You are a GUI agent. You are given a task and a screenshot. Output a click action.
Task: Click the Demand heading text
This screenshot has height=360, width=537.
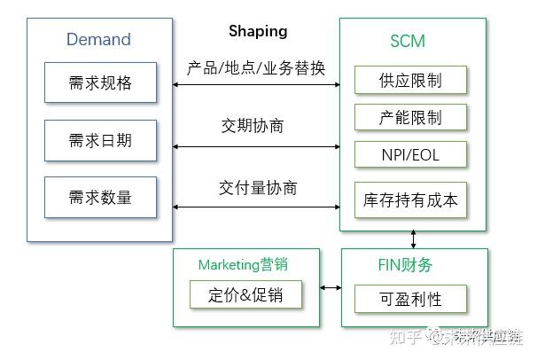(x=98, y=40)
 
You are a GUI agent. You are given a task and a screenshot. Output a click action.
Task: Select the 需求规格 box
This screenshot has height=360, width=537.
(x=100, y=84)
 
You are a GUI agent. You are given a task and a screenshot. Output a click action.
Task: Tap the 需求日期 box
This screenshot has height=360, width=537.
(x=100, y=141)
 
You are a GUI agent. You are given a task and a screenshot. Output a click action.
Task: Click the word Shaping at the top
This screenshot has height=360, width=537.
(x=258, y=31)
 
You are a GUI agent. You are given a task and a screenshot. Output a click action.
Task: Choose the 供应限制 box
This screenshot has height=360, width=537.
(x=409, y=81)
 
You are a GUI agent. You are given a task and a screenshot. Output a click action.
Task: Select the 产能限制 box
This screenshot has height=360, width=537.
(x=409, y=118)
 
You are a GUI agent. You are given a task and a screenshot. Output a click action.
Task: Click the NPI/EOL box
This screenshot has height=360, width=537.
(x=409, y=155)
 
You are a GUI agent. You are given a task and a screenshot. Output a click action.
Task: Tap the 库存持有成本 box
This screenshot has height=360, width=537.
(x=409, y=200)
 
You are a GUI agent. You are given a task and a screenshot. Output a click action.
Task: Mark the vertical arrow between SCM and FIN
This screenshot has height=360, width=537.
(x=414, y=239)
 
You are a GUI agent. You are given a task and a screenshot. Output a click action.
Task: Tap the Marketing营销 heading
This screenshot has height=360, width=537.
(x=243, y=264)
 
